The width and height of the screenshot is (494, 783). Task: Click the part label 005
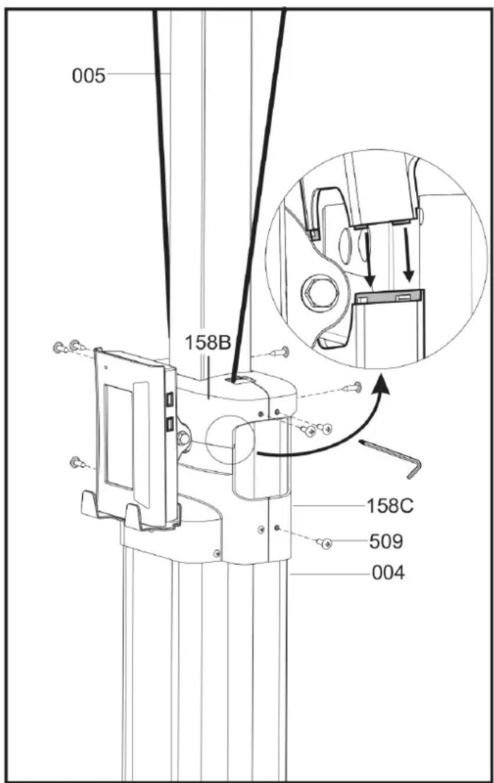[88, 76]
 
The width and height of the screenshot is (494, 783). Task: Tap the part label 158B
[207, 343]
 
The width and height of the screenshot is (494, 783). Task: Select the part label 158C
[390, 506]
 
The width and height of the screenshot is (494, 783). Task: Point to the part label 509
[386, 541]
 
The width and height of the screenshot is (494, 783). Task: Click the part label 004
[389, 573]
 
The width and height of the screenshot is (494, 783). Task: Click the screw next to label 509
[324, 543]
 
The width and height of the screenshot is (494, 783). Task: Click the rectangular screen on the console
[120, 436]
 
